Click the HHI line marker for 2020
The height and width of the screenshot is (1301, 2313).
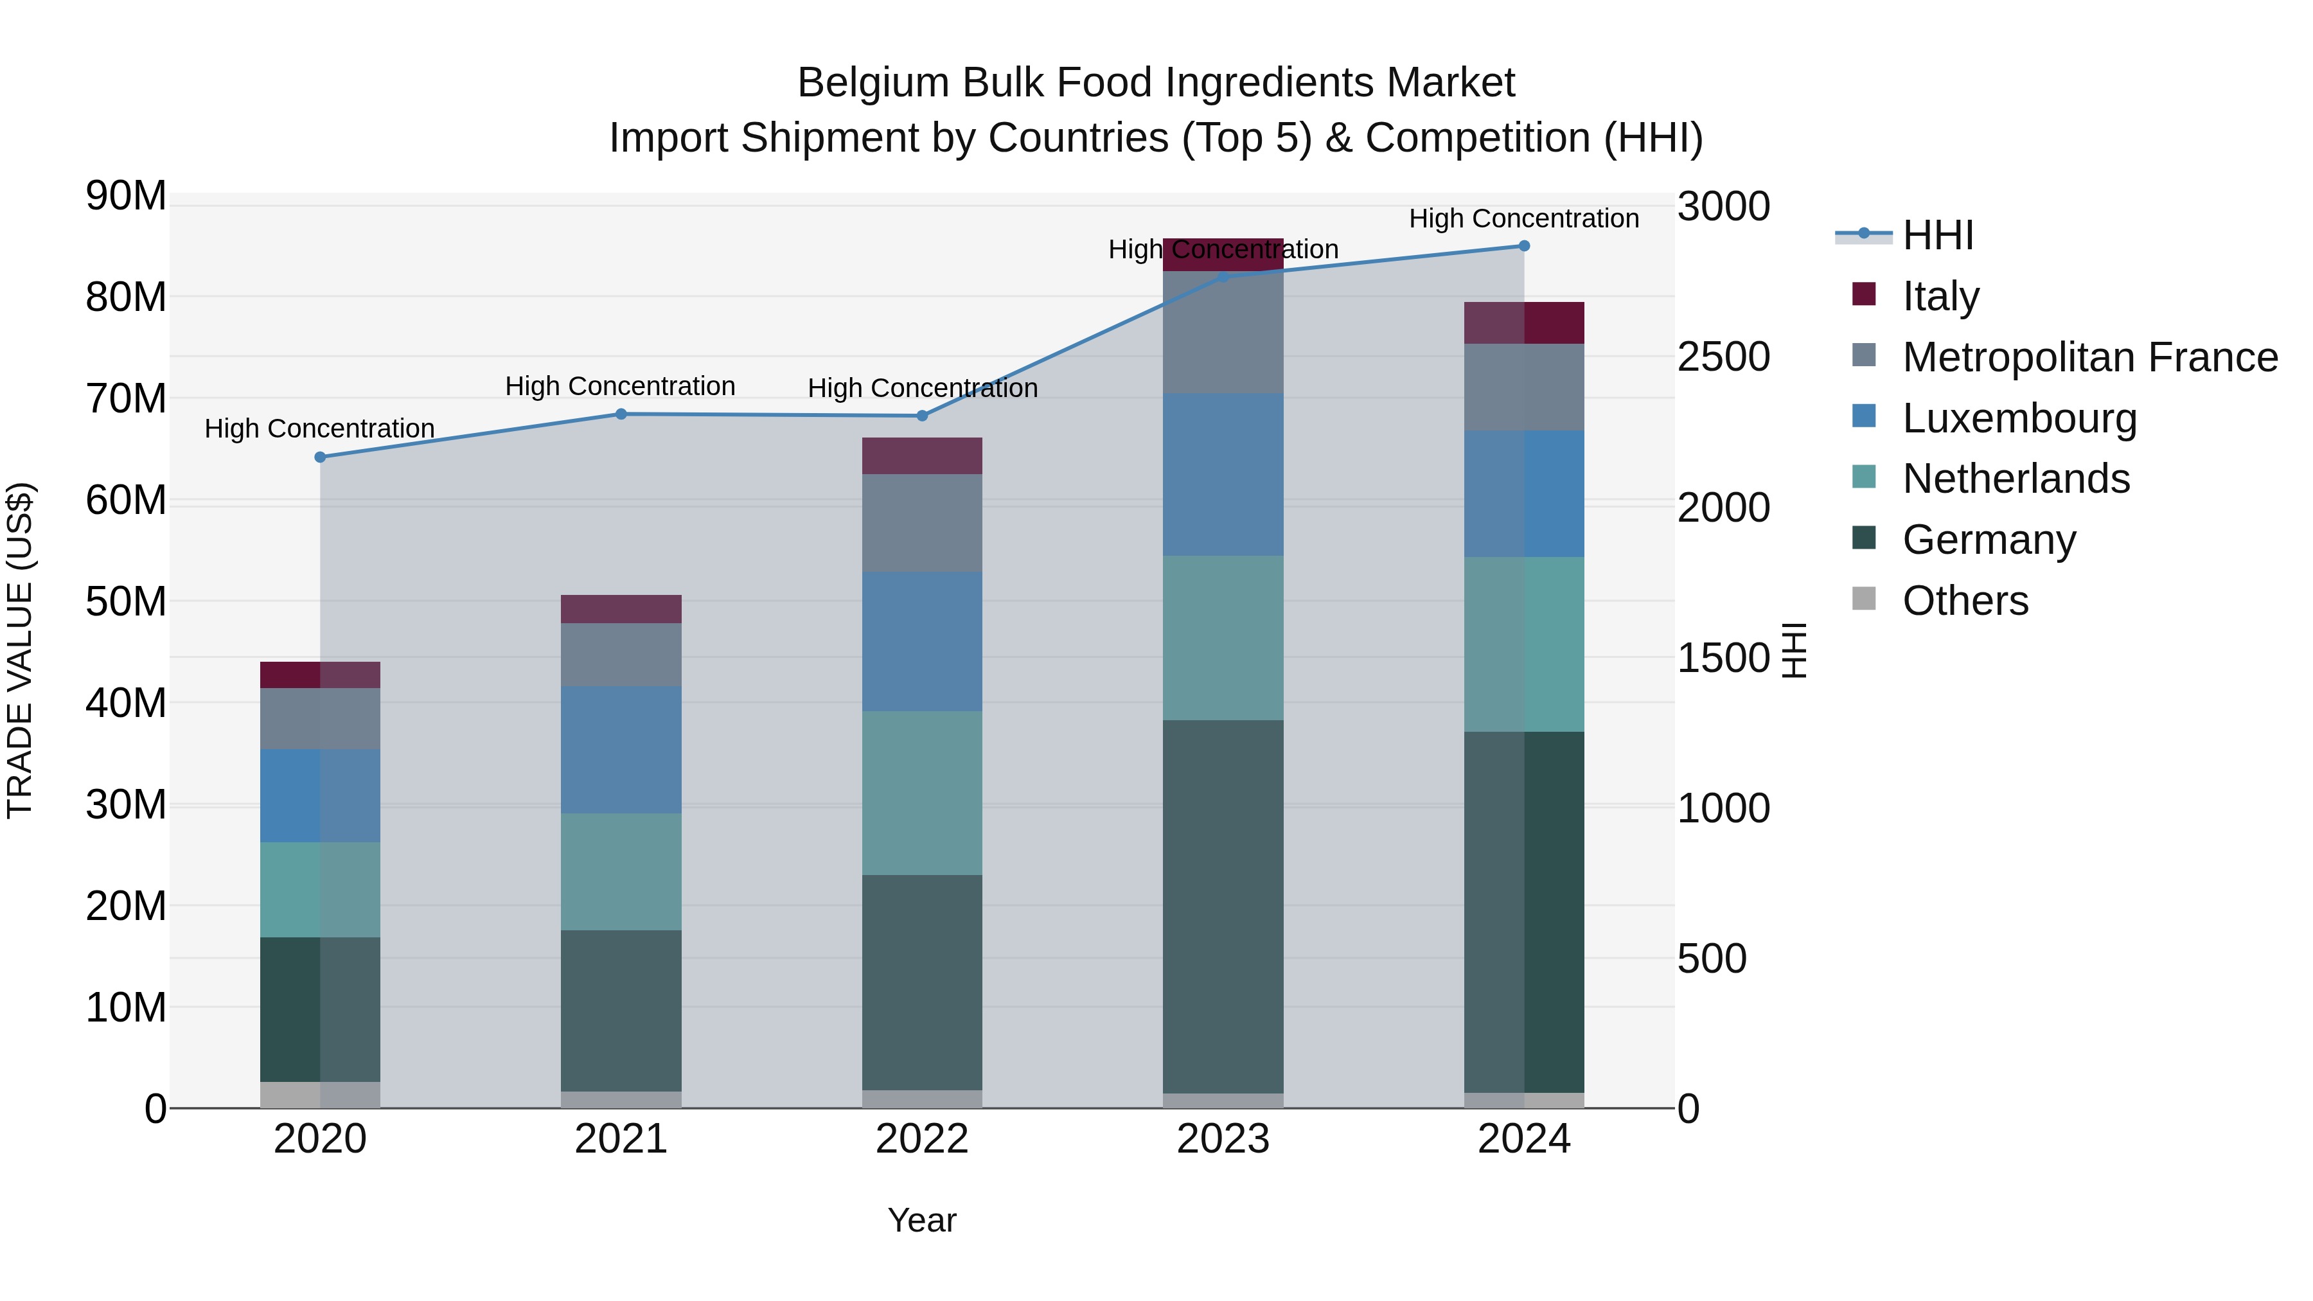pos(320,457)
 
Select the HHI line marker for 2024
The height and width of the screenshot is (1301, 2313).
pos(1524,246)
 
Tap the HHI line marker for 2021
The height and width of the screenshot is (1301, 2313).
pos(621,414)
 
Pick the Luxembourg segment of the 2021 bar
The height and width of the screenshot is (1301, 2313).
pos(621,750)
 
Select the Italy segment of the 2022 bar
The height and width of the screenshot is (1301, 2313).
pos(921,456)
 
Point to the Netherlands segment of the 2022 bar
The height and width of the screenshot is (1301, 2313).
pos(921,793)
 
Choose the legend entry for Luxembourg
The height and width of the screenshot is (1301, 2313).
pos(2019,418)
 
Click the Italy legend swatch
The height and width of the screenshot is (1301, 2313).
pos(1864,294)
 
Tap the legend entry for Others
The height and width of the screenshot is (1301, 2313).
pos(1965,601)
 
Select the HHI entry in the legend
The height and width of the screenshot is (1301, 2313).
pos(1938,235)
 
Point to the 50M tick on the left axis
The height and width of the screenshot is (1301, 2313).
pos(126,601)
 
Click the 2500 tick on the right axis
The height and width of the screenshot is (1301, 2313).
pos(1723,357)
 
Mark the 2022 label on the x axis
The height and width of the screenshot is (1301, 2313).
pos(921,1139)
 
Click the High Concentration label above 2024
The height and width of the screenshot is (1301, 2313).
pos(1524,218)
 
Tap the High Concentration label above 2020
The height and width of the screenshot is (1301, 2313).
pos(320,429)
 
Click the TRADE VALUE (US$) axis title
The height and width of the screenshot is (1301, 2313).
pos(20,650)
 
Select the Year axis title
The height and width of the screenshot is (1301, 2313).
pos(921,1220)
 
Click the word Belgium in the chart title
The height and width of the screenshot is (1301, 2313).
pos(874,83)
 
